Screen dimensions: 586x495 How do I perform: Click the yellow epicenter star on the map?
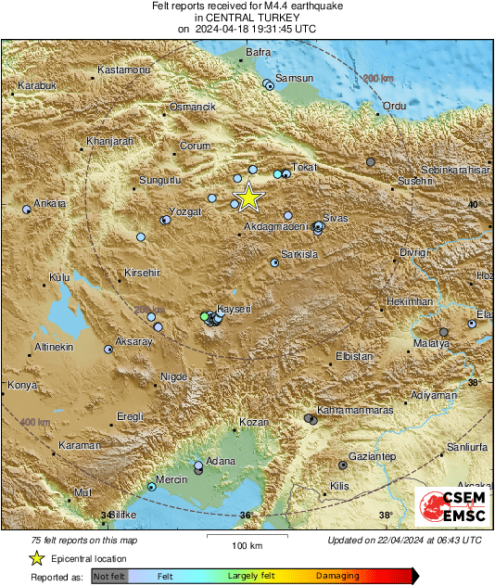tap(248, 197)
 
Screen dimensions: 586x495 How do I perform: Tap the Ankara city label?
tap(49, 203)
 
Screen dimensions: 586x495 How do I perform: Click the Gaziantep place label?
tap(373, 457)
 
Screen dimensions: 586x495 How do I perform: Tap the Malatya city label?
tap(431, 343)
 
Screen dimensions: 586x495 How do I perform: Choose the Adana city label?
tap(221, 460)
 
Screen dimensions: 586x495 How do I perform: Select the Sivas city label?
tap(335, 217)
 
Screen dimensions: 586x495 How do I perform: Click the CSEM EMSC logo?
tap(452, 508)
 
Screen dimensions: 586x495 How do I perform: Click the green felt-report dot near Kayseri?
tap(205, 317)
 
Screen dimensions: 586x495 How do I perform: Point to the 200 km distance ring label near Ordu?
tap(378, 79)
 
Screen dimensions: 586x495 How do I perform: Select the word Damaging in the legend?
tap(337, 576)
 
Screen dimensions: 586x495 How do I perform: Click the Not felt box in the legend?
tap(110, 576)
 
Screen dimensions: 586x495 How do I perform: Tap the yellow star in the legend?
tap(37, 558)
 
